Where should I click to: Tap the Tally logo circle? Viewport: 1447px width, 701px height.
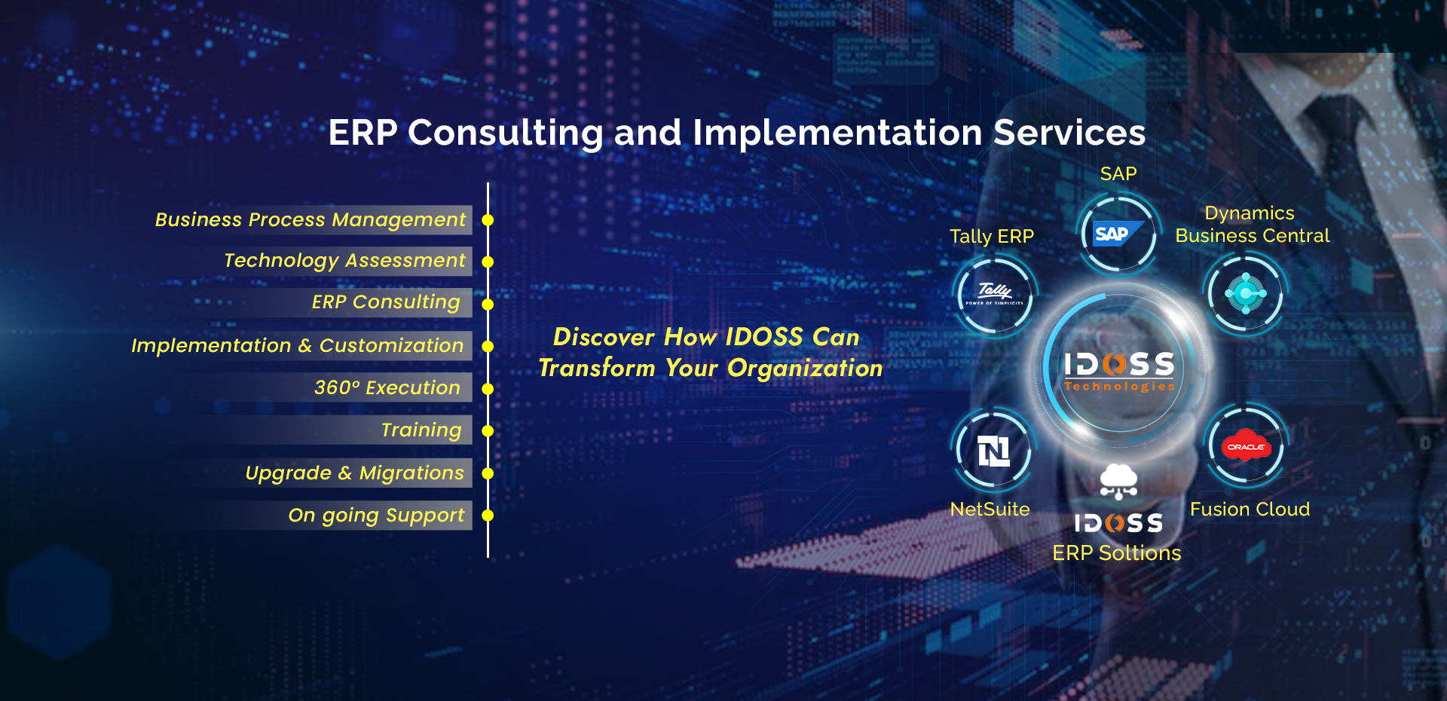[x=995, y=294]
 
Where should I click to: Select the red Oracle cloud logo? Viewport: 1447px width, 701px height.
[x=1247, y=447]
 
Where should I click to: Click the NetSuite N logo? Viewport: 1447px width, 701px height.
[x=994, y=451]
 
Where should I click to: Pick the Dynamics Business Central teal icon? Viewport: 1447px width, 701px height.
[x=1247, y=293]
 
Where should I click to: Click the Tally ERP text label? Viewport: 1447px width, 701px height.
[x=992, y=237]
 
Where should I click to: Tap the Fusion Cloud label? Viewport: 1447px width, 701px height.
[x=1250, y=510]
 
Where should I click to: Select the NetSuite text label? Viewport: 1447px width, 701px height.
[x=990, y=510]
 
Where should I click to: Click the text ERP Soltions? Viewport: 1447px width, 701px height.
[x=1117, y=553]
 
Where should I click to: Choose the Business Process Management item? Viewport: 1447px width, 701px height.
[x=311, y=219]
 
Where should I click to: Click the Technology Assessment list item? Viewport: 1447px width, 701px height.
[x=344, y=261]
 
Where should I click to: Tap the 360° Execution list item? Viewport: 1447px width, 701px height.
[x=387, y=387]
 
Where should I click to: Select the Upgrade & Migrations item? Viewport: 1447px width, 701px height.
[x=355, y=473]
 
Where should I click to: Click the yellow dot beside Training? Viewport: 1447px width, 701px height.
[x=488, y=431]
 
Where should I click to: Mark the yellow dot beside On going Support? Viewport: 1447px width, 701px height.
[x=488, y=516]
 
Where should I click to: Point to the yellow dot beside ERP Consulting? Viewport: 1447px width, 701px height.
[x=488, y=305]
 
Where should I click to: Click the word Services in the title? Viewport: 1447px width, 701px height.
[x=1069, y=133]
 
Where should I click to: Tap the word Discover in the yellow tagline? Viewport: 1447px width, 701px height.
[x=604, y=337]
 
